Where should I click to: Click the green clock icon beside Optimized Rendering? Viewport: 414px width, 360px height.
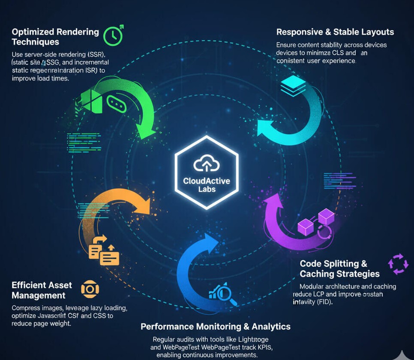pos(113,36)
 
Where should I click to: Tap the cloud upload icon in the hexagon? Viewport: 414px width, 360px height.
pos(207,165)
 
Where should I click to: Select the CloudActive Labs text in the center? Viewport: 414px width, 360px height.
pos(207,184)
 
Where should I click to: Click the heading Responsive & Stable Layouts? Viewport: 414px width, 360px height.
pos(335,32)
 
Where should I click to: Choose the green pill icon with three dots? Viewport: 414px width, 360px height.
pos(117,104)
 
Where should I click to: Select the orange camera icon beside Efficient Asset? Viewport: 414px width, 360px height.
pos(90,289)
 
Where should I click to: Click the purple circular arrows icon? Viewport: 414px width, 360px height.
pos(398,264)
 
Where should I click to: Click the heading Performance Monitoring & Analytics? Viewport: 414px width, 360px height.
pos(216,327)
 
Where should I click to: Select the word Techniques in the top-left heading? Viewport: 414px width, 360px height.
pos(36,42)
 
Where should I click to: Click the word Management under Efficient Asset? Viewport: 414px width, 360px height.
pos(39,295)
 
